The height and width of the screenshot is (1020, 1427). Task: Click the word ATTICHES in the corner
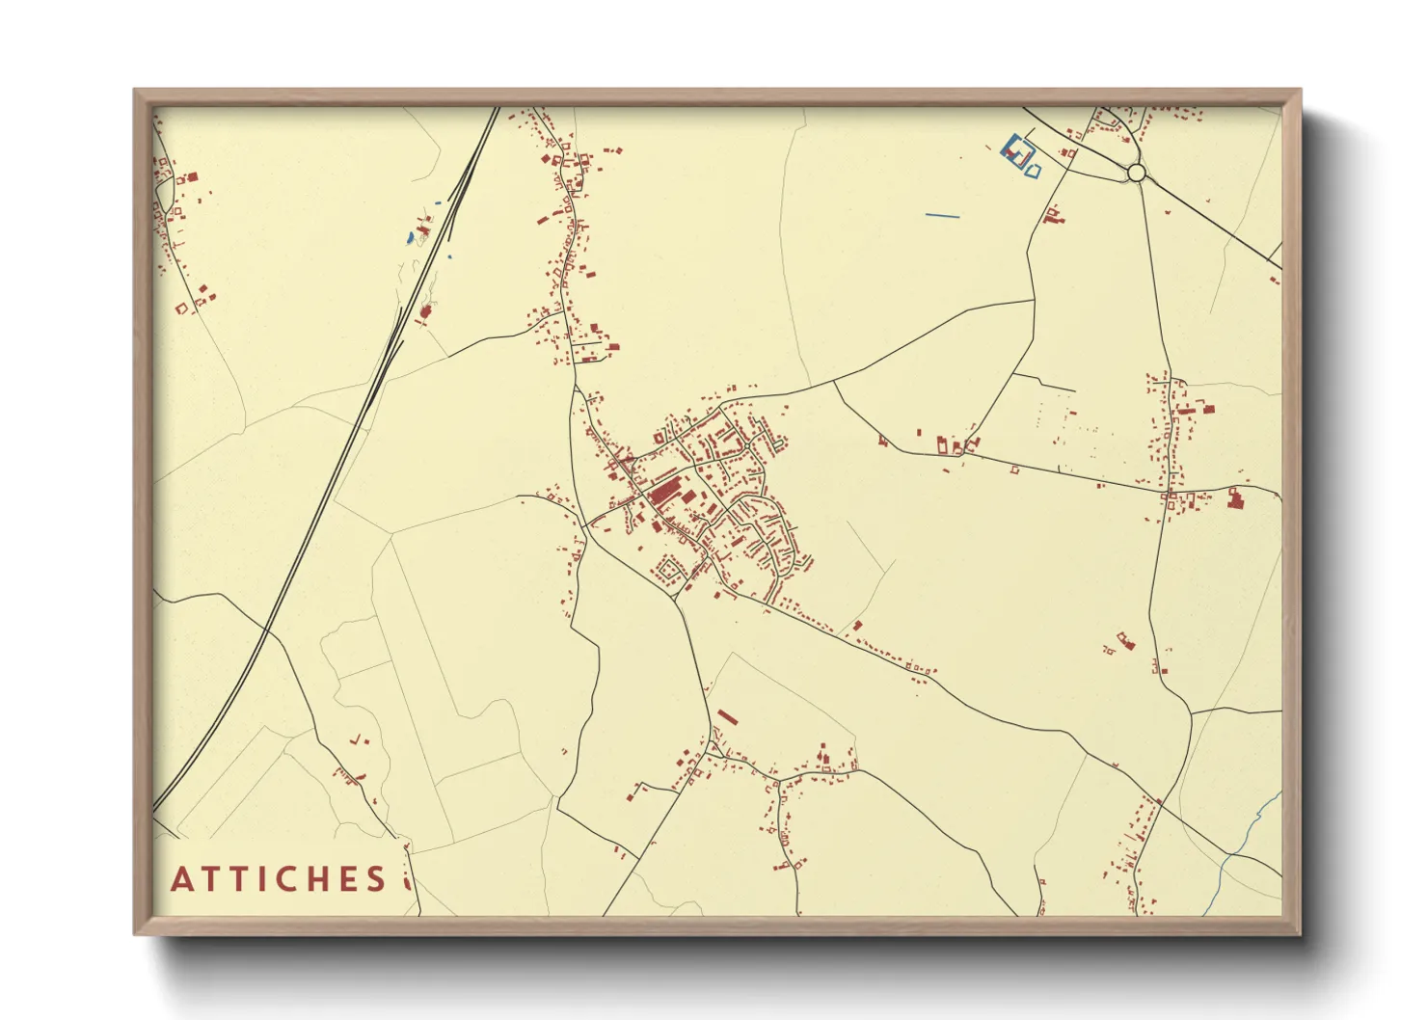point(279,879)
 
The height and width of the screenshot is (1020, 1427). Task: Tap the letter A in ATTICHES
point(181,879)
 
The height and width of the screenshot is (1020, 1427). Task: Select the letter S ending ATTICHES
point(375,879)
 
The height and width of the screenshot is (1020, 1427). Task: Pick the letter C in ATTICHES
point(283,879)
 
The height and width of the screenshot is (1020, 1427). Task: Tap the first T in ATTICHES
point(208,879)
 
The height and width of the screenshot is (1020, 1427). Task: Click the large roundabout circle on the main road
point(1136,173)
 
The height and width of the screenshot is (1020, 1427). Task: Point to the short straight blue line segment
point(942,215)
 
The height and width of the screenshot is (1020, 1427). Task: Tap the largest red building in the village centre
point(663,495)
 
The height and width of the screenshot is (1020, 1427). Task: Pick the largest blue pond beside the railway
point(410,236)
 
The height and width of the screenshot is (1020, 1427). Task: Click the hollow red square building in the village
point(660,437)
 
